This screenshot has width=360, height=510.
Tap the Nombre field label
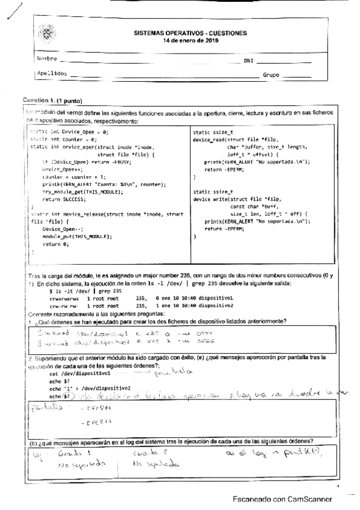[x=46, y=60]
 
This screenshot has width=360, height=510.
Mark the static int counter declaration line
[x=63, y=138]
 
